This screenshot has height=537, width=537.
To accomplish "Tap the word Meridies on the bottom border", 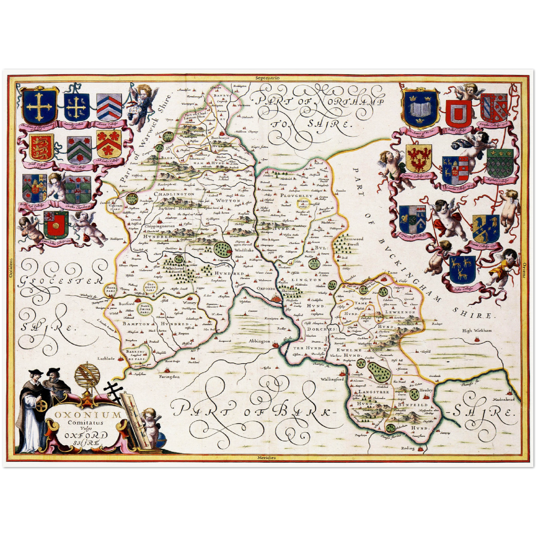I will pyautogui.click(x=267, y=457).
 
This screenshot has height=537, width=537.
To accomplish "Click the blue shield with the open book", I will pyautogui.click(x=421, y=109).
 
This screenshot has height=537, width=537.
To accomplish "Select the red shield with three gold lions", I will pyautogui.click(x=41, y=147).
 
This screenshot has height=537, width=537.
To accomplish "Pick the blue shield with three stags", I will pyautogui.click(x=462, y=269).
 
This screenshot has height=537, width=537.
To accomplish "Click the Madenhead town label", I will pyautogui.click(x=504, y=399).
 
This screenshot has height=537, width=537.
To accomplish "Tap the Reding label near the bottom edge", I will pyautogui.click(x=408, y=448).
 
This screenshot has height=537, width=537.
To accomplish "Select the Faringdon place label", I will pyautogui.click(x=169, y=376).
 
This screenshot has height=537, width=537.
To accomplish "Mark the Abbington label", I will pyautogui.click(x=259, y=341).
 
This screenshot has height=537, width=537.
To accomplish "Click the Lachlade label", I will pyautogui.click(x=107, y=359).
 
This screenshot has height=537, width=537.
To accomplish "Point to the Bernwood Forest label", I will pyautogui.click(x=353, y=242).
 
